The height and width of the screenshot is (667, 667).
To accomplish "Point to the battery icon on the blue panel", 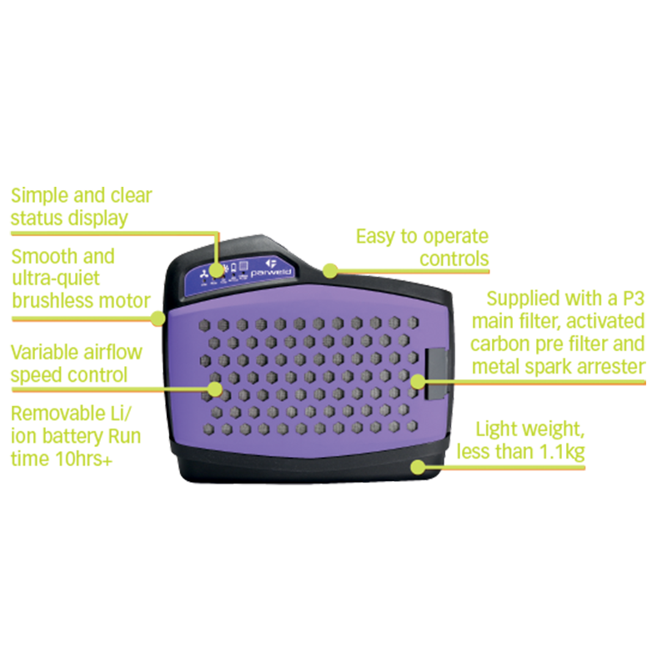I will coord(233,268).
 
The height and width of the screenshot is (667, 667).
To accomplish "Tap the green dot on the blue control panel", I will coord(217,269).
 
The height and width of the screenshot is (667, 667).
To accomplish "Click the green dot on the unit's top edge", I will coord(330,272).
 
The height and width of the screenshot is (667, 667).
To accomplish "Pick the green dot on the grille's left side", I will coord(216,389).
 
